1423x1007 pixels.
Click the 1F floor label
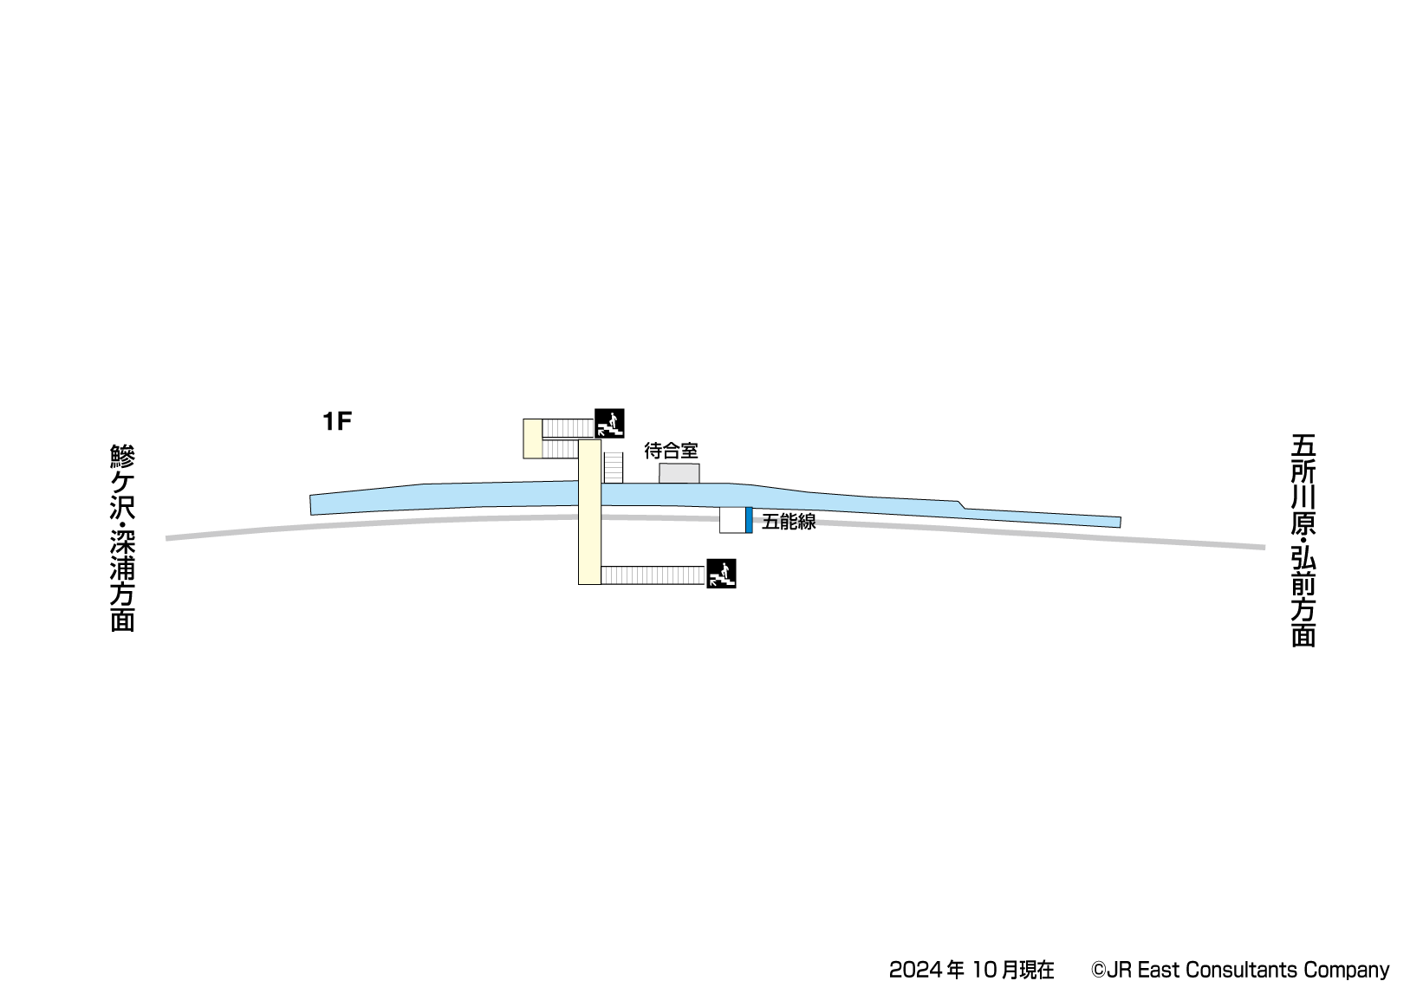(337, 421)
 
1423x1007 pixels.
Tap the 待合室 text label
(672, 452)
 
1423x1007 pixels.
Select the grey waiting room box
(679, 473)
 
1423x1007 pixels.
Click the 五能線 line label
(789, 522)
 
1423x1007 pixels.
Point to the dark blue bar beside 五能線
(749, 520)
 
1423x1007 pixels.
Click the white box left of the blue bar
(732, 520)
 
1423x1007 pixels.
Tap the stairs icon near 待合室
(609, 423)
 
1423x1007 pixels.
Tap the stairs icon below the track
(721, 574)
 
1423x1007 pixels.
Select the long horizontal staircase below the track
(653, 575)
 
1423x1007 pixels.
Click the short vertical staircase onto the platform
(613, 468)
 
